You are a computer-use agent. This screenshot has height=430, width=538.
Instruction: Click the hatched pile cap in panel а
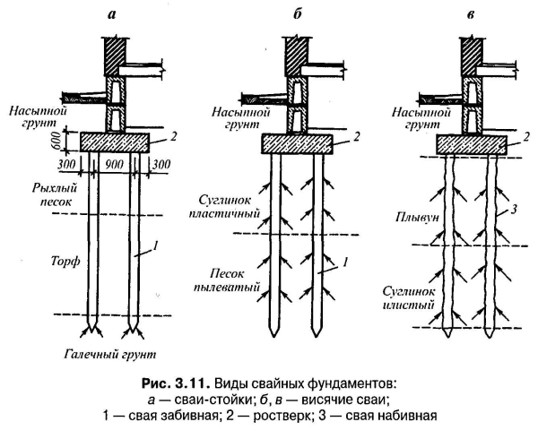pyautogui.click(x=115, y=141)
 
